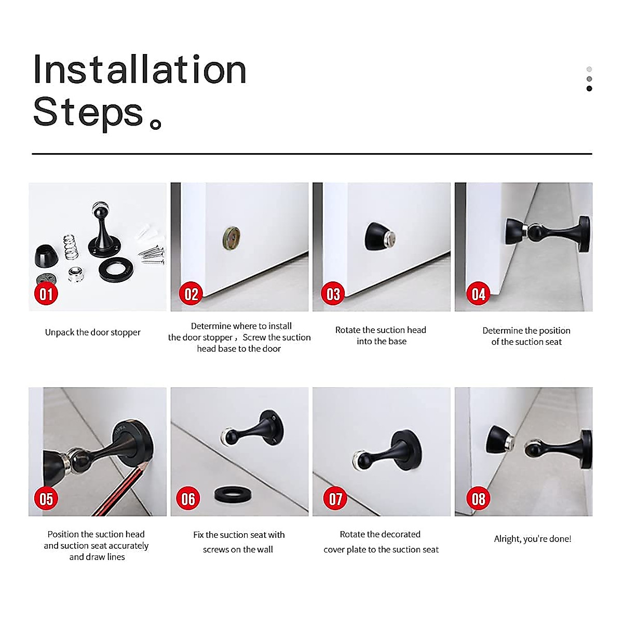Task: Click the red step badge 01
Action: point(46,294)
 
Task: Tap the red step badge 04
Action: point(478,294)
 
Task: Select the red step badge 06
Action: point(188,498)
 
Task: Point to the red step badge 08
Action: point(478,498)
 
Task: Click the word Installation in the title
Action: point(140,70)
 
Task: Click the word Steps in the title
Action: point(88,113)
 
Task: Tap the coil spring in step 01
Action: point(71,247)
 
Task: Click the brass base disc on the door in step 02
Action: point(231,238)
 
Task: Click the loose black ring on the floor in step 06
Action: point(233,495)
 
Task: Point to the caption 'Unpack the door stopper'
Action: point(93,332)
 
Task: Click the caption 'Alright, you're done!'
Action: point(533,538)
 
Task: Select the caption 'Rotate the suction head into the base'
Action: point(381,335)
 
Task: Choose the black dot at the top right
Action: point(589,88)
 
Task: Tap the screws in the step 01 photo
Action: point(151,255)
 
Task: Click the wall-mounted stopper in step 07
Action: point(387,451)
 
